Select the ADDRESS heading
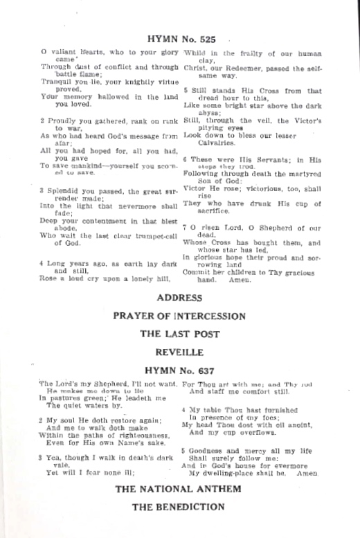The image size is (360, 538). [x=179, y=298]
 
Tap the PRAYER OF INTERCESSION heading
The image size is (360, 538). [x=179, y=316]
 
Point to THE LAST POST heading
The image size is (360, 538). [x=179, y=333]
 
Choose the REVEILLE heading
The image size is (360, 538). [x=179, y=350]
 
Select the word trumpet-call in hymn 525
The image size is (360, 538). [x=149, y=235]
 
